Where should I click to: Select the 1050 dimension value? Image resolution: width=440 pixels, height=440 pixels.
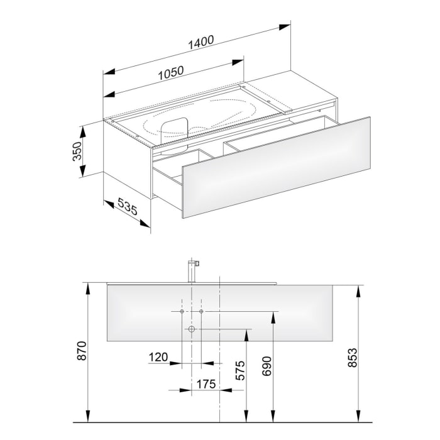[x=170, y=71]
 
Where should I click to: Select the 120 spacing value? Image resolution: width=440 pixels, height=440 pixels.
[x=158, y=357]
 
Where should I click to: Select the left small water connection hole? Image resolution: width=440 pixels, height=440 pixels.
[x=181, y=312]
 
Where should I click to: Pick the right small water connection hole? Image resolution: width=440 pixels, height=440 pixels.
[x=201, y=312]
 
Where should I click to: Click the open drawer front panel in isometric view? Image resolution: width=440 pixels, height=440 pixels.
[x=277, y=166]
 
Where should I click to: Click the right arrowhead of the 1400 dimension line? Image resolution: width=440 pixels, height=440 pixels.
[x=287, y=26]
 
